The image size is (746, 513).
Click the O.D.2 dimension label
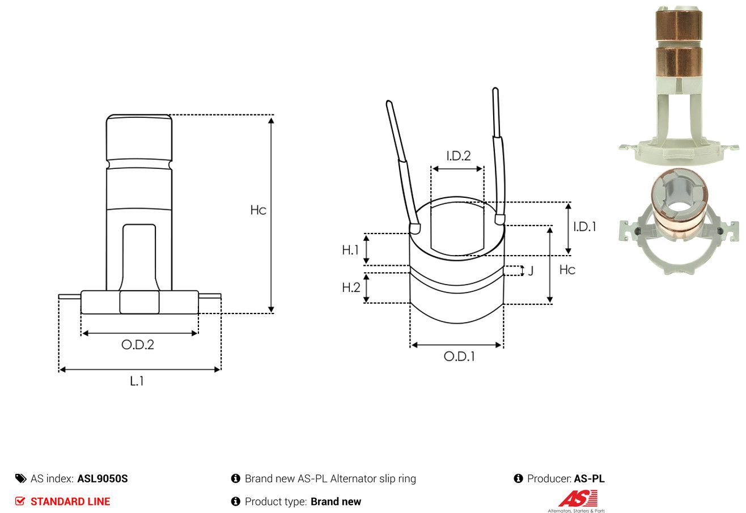[138, 345]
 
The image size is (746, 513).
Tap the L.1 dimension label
[137, 381]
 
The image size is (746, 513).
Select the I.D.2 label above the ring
[459, 156]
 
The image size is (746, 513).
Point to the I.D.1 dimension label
[584, 227]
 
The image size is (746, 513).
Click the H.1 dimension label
[350, 250]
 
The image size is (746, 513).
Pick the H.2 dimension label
[351, 287]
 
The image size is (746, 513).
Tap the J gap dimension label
[531, 270]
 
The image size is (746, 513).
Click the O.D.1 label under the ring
[459, 357]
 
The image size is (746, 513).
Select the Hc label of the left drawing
[258, 210]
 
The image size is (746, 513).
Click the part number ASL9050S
[103, 478]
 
